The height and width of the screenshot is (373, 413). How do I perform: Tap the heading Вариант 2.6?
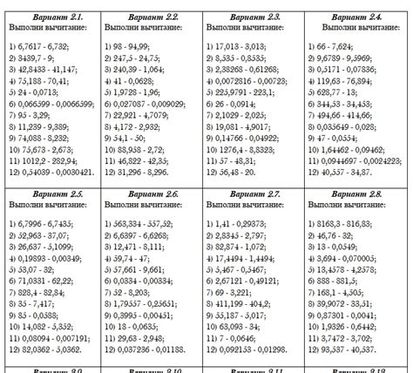click(x=152, y=193)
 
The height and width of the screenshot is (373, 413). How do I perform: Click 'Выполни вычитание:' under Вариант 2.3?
click(x=242, y=30)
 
